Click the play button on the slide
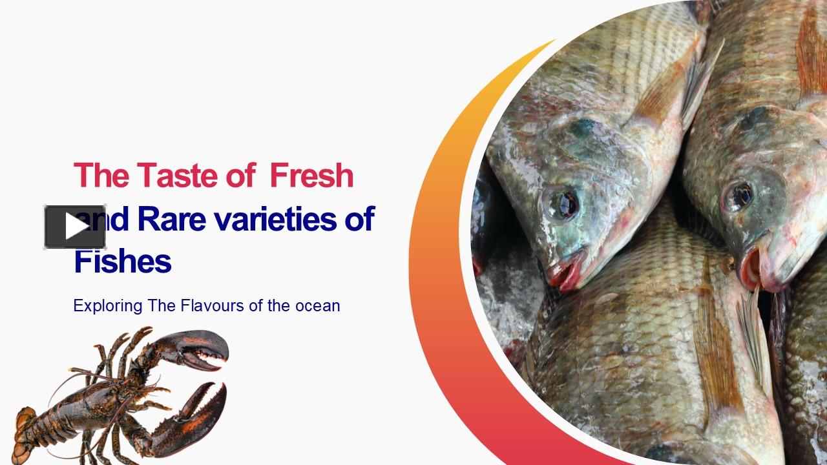coord(75,227)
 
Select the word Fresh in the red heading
coord(311,176)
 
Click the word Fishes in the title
coord(122,262)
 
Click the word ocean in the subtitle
coord(318,305)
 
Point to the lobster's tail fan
coord(25,426)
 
